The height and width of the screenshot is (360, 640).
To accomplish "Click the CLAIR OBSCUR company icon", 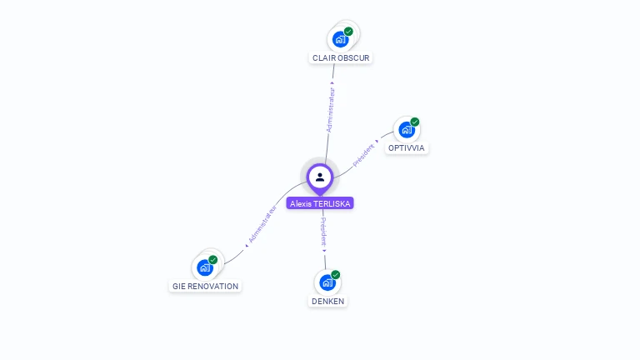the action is [340, 39].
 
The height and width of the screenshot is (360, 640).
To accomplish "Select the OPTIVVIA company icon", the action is [406, 130].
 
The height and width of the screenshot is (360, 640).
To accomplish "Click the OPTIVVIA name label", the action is [407, 148].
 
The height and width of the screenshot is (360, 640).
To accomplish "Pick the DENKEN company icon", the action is [327, 282].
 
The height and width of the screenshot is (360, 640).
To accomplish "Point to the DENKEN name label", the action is [327, 301].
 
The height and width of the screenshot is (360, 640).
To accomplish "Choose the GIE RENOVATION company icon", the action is [204, 267].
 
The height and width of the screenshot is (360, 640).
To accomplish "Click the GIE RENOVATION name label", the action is [205, 286].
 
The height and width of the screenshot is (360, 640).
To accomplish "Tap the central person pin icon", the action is [320, 177].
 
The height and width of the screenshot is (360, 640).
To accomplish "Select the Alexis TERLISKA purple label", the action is [320, 203].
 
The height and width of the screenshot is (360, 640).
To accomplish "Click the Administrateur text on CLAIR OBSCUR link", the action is [331, 109].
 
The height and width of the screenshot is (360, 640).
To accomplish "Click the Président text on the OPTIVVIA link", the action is [364, 154].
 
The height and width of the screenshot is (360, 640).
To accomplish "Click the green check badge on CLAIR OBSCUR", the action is [348, 32].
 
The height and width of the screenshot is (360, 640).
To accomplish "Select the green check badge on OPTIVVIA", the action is [415, 122].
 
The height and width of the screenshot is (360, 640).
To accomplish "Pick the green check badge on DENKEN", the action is [336, 274].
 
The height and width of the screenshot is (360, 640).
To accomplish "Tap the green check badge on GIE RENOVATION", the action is [213, 259].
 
